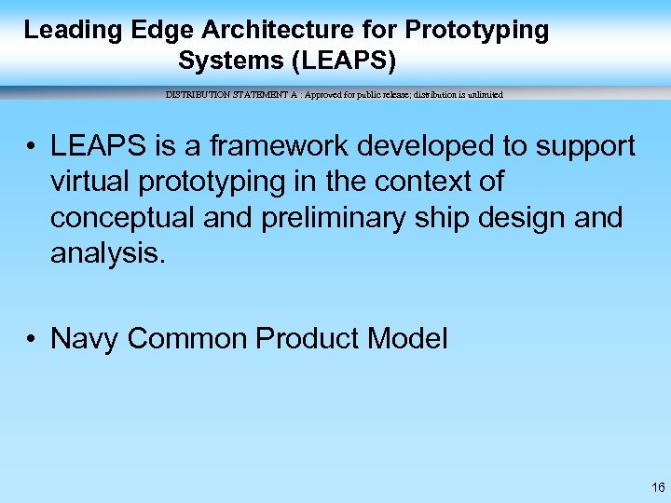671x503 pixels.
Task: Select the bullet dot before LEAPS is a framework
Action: (x=32, y=147)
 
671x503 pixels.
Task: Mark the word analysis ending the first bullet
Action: (x=107, y=252)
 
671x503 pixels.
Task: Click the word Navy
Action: (x=86, y=339)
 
